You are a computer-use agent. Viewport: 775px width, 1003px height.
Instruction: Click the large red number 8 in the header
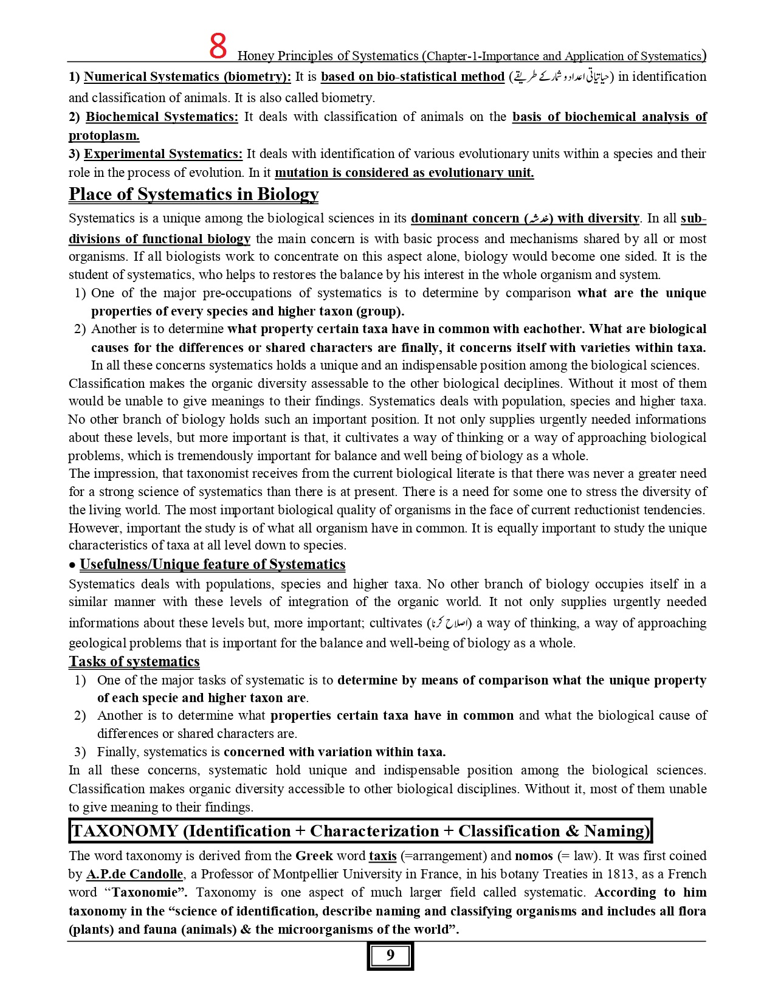[x=218, y=47]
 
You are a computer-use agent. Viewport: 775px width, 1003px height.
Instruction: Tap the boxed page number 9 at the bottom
[x=390, y=956]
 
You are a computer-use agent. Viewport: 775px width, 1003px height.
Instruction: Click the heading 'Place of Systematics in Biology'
[x=193, y=194]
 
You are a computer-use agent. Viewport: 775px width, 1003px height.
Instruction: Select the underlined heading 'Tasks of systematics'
[x=134, y=661]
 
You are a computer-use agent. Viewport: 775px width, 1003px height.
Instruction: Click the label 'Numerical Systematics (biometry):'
[x=187, y=77]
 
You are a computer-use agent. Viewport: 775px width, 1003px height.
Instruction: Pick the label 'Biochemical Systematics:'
[x=162, y=117]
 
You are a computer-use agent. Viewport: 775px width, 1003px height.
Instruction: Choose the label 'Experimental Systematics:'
[x=163, y=154]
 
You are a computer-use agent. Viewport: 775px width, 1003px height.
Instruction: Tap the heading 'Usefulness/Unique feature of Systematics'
[x=212, y=564]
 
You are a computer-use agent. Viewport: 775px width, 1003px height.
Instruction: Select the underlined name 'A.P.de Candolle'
[x=134, y=874]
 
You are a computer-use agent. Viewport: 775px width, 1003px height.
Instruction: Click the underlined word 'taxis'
[x=382, y=856]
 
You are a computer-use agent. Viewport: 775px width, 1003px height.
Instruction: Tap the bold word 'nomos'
[x=534, y=856]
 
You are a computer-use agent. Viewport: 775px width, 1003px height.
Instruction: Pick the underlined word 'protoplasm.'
[x=104, y=135]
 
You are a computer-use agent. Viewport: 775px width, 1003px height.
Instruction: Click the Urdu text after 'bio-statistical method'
[x=562, y=77]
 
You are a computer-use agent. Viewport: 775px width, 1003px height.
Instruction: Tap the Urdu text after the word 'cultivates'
[x=449, y=623]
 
